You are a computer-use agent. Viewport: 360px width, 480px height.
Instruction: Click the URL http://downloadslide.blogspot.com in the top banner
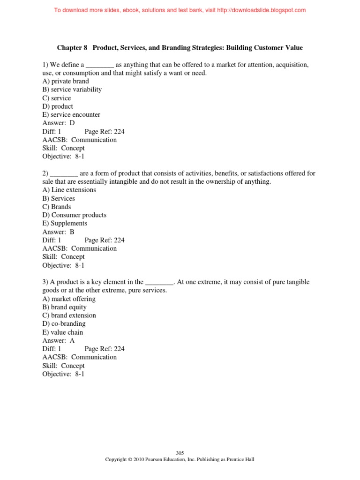coord(253,10)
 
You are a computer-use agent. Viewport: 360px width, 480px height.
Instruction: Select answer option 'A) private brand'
coord(66,81)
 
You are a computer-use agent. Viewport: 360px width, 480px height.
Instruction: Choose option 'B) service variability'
coord(72,90)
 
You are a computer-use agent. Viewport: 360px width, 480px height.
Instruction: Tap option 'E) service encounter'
coord(71,115)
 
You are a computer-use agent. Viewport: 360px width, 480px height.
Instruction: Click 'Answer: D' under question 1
coord(59,123)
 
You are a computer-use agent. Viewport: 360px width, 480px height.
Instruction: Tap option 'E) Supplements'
coord(65,224)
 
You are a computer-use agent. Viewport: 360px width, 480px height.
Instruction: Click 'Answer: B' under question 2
coord(58,232)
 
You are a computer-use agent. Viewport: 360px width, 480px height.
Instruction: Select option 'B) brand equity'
coord(65,307)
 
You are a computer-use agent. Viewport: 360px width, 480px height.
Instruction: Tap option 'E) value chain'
coord(62,332)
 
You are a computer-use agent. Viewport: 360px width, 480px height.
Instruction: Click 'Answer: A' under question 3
coord(59,341)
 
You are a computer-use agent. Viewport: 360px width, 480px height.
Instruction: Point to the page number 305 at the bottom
coord(180,453)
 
